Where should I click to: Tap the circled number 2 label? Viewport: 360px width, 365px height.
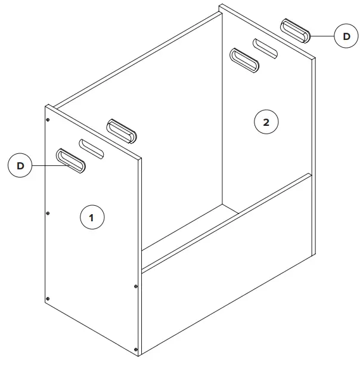click(x=266, y=122)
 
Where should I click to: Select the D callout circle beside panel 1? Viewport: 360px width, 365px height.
click(x=20, y=165)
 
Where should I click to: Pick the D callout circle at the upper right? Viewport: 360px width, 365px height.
click(x=346, y=36)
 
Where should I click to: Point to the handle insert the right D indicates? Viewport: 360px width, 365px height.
click(x=296, y=30)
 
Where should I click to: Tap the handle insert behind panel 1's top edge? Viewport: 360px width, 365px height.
click(x=122, y=131)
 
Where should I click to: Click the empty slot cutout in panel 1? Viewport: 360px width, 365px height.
click(x=92, y=149)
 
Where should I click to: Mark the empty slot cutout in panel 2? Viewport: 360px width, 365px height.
click(x=266, y=49)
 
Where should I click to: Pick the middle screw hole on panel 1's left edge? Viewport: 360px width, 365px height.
click(x=48, y=213)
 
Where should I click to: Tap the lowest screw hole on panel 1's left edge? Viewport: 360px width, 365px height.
click(x=48, y=298)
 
